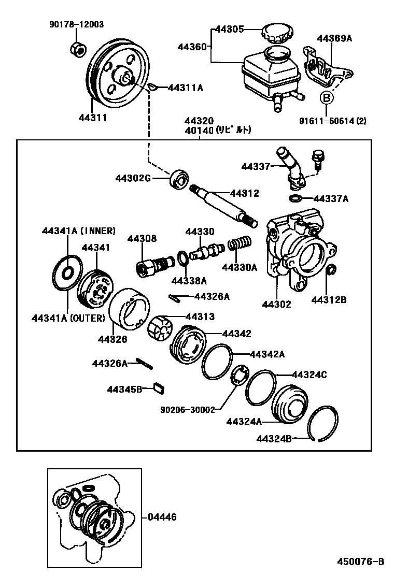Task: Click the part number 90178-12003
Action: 76,24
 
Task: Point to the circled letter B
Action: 326,97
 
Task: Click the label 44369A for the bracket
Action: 334,38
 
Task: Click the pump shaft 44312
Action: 223,205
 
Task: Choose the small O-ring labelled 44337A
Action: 294,198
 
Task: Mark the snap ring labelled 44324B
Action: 323,422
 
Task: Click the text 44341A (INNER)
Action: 79,231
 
